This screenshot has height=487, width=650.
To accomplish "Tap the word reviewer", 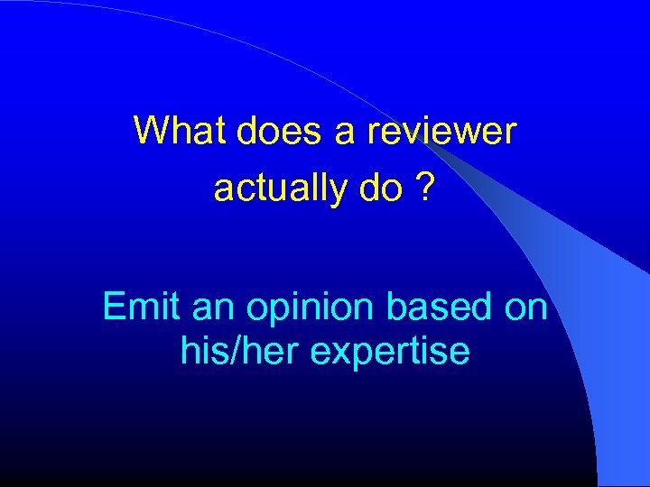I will point(441,131).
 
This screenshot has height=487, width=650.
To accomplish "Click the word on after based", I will point(526,308).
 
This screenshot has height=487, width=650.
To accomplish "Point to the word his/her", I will point(238,350).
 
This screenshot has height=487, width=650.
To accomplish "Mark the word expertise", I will point(390,351).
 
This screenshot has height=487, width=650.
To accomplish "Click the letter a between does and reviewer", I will point(345,131).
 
